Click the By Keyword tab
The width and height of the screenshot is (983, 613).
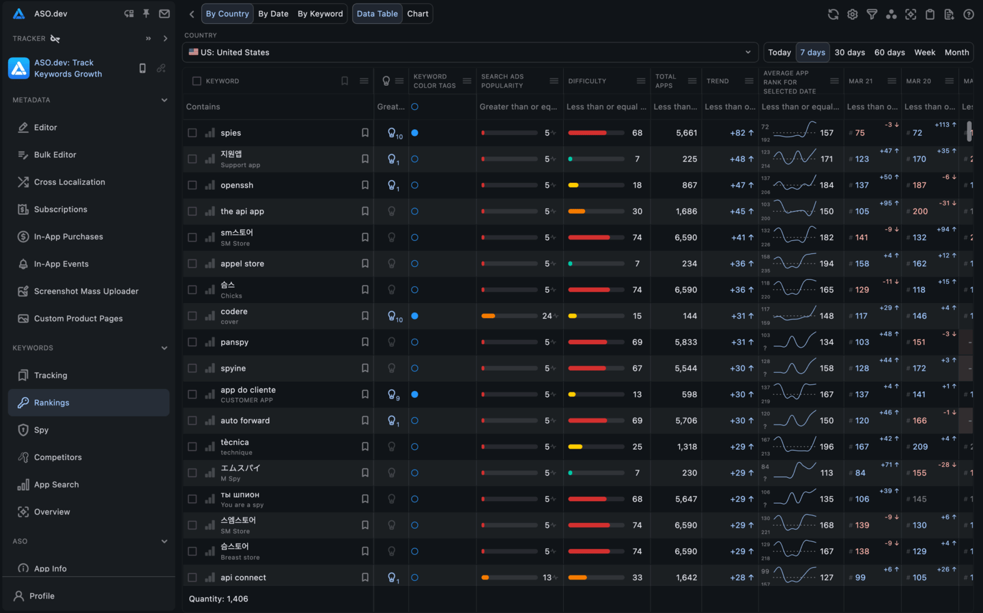pos(320,14)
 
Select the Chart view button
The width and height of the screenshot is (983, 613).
pos(418,14)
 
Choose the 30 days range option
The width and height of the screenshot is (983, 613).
pos(849,53)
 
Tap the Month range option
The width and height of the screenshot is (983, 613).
pos(956,53)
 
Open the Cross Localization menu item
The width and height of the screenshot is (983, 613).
pos(69,182)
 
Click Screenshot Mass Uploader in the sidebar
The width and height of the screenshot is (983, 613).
pos(86,291)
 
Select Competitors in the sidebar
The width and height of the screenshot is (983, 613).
pos(57,457)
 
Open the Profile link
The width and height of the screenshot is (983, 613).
pos(42,596)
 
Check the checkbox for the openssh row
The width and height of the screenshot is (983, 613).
pos(193,185)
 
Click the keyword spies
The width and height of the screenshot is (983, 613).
pos(231,133)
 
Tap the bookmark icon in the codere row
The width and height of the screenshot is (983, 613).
pos(365,316)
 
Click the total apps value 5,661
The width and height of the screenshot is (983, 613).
pos(686,133)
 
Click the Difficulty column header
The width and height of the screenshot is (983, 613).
pos(587,81)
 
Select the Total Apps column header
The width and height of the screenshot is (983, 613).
pos(666,81)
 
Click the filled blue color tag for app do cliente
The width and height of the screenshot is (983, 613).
pos(414,395)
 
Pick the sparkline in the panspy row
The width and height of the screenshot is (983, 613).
pos(795,341)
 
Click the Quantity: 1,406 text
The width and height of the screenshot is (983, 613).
pos(218,599)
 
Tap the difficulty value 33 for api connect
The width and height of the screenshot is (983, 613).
pos(637,578)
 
